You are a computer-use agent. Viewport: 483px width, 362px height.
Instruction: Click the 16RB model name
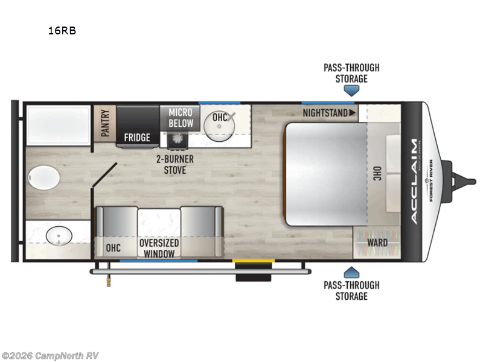coord(62,31)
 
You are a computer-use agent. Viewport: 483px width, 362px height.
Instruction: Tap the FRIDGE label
coord(137,138)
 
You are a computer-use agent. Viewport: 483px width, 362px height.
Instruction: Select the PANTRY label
coord(105,123)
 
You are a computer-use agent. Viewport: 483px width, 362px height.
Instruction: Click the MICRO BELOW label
coord(181,118)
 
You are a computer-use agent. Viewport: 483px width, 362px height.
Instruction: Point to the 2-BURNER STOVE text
coord(175,165)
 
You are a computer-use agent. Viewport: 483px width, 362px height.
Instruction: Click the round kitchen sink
coord(219,126)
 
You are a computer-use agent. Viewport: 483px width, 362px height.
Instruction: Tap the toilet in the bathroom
coord(43,177)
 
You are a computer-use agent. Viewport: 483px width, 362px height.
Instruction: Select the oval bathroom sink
coord(59,236)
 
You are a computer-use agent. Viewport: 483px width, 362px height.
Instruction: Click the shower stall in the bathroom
coord(58,125)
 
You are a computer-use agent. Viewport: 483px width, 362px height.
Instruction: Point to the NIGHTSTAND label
coord(325,113)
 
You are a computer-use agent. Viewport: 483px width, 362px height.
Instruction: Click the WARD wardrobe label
coord(377,243)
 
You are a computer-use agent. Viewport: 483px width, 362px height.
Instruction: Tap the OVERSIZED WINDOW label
coord(159,248)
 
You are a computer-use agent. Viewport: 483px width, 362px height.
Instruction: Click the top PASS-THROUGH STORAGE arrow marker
coord(351,91)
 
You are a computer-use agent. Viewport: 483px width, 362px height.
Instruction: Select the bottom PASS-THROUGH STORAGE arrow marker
coord(351,273)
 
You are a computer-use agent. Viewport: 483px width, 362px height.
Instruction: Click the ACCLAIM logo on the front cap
coord(414,182)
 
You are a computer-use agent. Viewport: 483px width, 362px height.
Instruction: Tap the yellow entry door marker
coord(253,261)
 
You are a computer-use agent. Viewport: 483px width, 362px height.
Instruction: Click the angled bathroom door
coord(104,174)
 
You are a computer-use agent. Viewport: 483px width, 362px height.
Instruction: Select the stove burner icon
coord(178,139)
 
